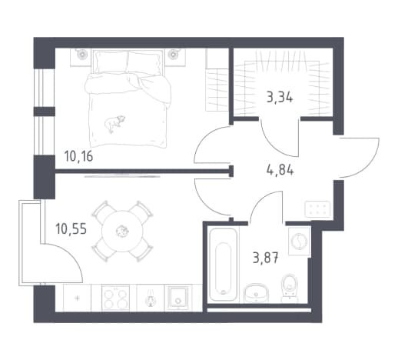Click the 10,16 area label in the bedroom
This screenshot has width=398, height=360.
point(78,156)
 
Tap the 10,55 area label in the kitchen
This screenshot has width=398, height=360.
point(71,228)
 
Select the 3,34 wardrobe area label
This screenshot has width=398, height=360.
point(280,98)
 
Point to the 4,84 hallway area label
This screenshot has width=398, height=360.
point(280,170)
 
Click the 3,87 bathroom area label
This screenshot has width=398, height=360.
point(265,258)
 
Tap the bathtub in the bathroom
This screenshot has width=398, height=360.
point(223,265)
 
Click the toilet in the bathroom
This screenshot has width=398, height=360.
point(290,288)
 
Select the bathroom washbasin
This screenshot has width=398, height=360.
point(255,293)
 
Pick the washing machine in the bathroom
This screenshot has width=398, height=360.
point(299,241)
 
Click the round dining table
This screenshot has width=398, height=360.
point(123,231)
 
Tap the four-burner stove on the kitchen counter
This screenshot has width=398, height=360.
point(115,298)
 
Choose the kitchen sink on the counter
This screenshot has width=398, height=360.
point(177,298)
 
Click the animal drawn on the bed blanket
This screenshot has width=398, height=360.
point(114,123)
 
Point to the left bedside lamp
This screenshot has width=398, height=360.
point(81,54)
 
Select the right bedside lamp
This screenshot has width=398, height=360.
point(174,54)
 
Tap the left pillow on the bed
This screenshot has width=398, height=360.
point(111,62)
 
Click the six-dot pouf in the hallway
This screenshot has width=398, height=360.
point(317,209)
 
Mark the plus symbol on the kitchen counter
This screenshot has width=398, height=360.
point(77,298)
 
